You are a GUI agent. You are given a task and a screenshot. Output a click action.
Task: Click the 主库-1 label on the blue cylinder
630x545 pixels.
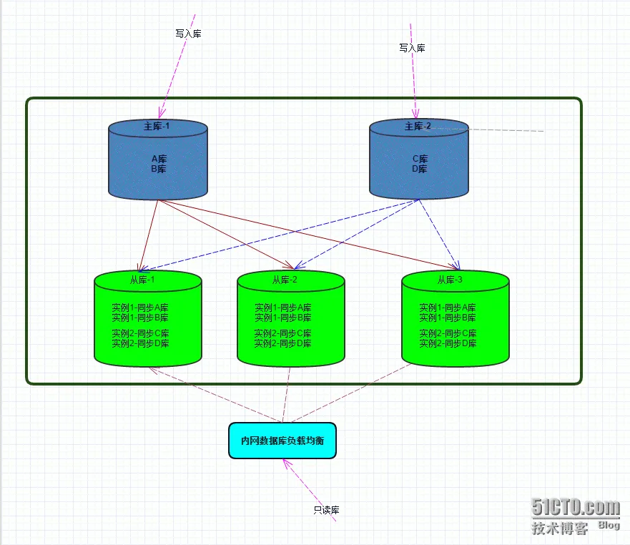157,126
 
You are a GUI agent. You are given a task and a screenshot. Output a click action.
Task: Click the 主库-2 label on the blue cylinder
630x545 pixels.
418,126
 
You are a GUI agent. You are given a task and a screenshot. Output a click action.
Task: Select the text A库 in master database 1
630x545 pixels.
159,159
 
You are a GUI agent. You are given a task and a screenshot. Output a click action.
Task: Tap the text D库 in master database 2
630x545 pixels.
420,169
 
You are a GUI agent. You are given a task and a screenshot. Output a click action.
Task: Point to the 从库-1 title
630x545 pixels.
142,280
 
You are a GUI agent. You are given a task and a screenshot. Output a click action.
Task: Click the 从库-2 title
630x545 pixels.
285,280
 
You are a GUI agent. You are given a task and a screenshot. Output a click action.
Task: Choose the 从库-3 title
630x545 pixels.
450,280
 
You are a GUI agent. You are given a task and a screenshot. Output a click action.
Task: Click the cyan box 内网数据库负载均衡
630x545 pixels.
282,441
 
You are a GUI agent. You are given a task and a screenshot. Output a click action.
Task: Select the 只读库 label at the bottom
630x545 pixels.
326,510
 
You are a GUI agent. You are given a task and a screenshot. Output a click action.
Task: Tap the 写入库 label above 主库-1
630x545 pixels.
188,34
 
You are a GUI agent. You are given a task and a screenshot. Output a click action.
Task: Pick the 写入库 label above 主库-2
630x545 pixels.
412,48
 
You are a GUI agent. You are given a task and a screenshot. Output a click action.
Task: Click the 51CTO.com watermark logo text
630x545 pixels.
576,507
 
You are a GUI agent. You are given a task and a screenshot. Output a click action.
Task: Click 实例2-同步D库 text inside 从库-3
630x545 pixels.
448,343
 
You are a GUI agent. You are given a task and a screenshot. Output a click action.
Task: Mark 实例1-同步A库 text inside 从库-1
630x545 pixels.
140,308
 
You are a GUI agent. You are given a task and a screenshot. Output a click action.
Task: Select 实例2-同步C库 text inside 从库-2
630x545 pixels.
283,333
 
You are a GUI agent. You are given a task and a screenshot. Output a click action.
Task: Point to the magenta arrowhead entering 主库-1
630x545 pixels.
162,113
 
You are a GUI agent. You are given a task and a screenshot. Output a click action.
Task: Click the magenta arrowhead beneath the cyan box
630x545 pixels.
287,463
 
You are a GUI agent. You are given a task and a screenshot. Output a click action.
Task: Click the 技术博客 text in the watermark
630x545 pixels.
560,528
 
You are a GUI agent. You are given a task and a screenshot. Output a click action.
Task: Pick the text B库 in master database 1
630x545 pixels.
159,169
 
